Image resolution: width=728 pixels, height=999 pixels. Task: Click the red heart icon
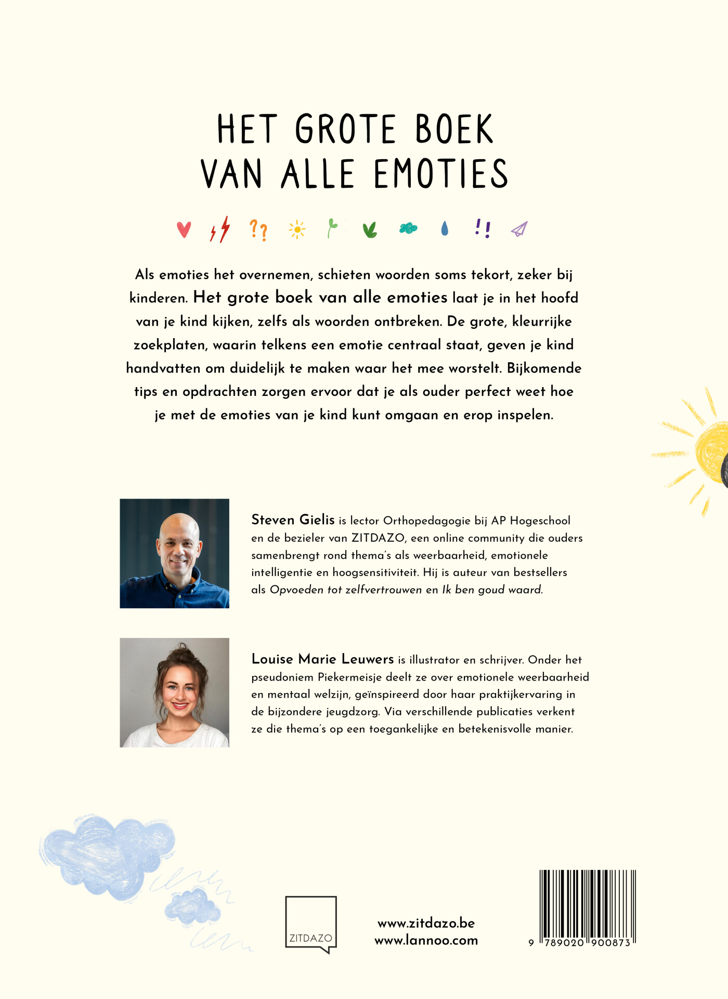tap(184, 229)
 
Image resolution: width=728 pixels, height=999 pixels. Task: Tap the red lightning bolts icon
tap(220, 229)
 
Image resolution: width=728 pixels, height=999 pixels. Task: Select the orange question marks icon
tap(258, 229)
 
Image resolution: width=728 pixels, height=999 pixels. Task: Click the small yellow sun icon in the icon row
tap(297, 229)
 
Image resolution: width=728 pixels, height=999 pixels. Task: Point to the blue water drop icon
tap(445, 228)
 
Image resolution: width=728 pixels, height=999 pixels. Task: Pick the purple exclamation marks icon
tap(483, 228)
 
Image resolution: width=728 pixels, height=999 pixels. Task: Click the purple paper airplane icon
tap(519, 229)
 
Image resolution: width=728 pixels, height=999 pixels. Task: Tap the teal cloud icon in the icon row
tap(408, 228)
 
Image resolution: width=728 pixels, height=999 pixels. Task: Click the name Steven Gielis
tap(293, 520)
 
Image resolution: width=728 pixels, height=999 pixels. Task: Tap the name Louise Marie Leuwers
tap(322, 659)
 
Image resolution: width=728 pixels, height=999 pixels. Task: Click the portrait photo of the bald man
tap(174, 553)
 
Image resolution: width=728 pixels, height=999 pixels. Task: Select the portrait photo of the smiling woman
tap(174, 693)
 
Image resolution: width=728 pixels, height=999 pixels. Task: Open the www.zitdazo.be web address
tap(426, 923)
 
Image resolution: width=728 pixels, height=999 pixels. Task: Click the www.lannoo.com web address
tap(426, 941)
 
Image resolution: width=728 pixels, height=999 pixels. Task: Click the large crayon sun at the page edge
tap(707, 453)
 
